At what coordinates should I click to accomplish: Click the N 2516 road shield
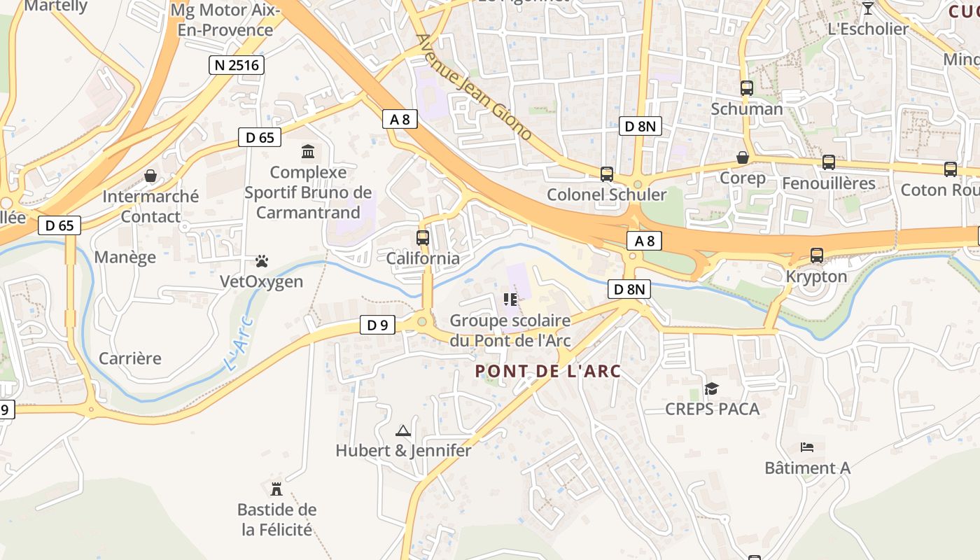pos(237,66)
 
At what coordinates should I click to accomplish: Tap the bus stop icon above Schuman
pos(747,88)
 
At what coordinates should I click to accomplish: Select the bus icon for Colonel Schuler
pos(607,174)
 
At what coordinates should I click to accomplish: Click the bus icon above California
pos(423,238)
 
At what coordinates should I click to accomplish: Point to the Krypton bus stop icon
pos(817,255)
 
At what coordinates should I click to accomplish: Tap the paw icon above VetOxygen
pos(262,262)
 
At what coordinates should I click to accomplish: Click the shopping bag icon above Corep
pos(743,157)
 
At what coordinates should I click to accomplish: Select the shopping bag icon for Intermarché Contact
pos(150,176)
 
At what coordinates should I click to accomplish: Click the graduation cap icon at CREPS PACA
pos(712,388)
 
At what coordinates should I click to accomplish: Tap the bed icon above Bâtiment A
pos(807,447)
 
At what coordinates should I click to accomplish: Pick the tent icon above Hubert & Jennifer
pos(403,430)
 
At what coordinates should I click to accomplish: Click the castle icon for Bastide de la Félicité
pos(276,489)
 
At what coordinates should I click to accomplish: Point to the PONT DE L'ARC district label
pos(548,371)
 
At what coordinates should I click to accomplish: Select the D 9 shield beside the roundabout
pos(377,324)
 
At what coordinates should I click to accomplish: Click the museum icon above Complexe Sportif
pos(307,151)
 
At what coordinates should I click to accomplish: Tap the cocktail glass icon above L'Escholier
pos(868,8)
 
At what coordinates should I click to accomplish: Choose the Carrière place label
pos(130,358)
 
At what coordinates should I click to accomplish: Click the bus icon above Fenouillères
pos(829,162)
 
